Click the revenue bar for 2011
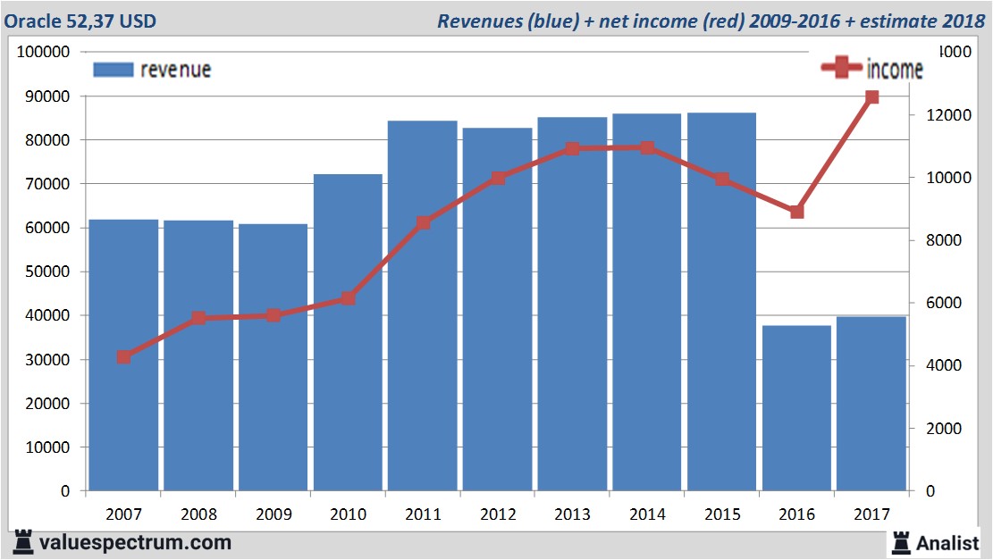[x=423, y=305]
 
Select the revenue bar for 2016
[x=796, y=408]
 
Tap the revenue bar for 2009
[x=273, y=357]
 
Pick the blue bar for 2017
[x=871, y=403]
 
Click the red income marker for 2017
[x=871, y=97]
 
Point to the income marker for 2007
[x=124, y=357]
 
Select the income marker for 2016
[x=796, y=212]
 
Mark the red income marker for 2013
[x=573, y=148]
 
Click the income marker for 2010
[x=349, y=298]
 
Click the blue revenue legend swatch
[x=113, y=70]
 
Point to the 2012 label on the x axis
[x=498, y=515]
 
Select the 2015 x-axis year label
[x=721, y=515]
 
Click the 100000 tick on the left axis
[x=43, y=52]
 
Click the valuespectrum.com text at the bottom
[x=134, y=542]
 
